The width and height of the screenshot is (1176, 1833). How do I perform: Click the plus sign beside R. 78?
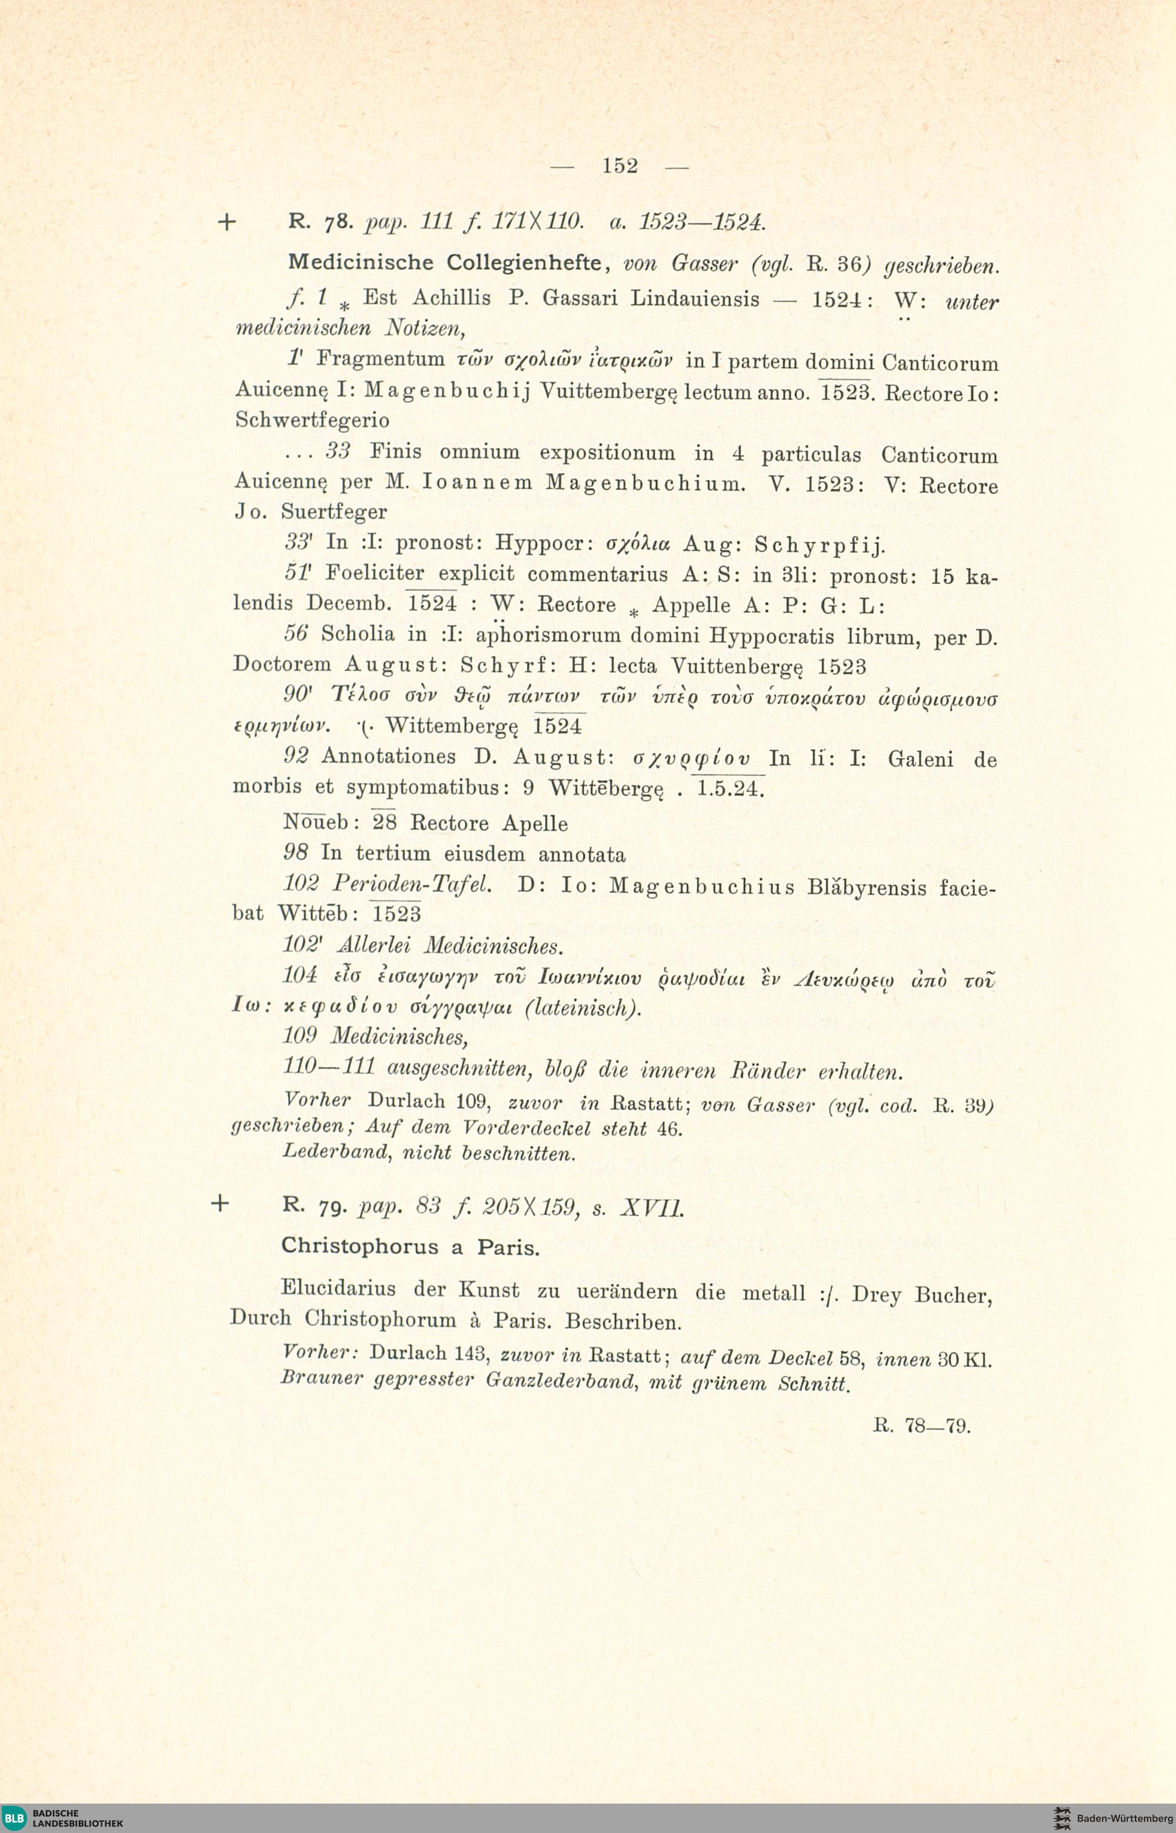pos(227,223)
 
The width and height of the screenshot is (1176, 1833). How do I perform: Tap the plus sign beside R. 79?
pos(219,1204)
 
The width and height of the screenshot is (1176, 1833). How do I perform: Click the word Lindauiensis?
pos(696,298)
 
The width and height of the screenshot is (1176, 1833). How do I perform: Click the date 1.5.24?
pos(731,788)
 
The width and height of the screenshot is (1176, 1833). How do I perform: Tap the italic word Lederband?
pos(332,1152)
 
